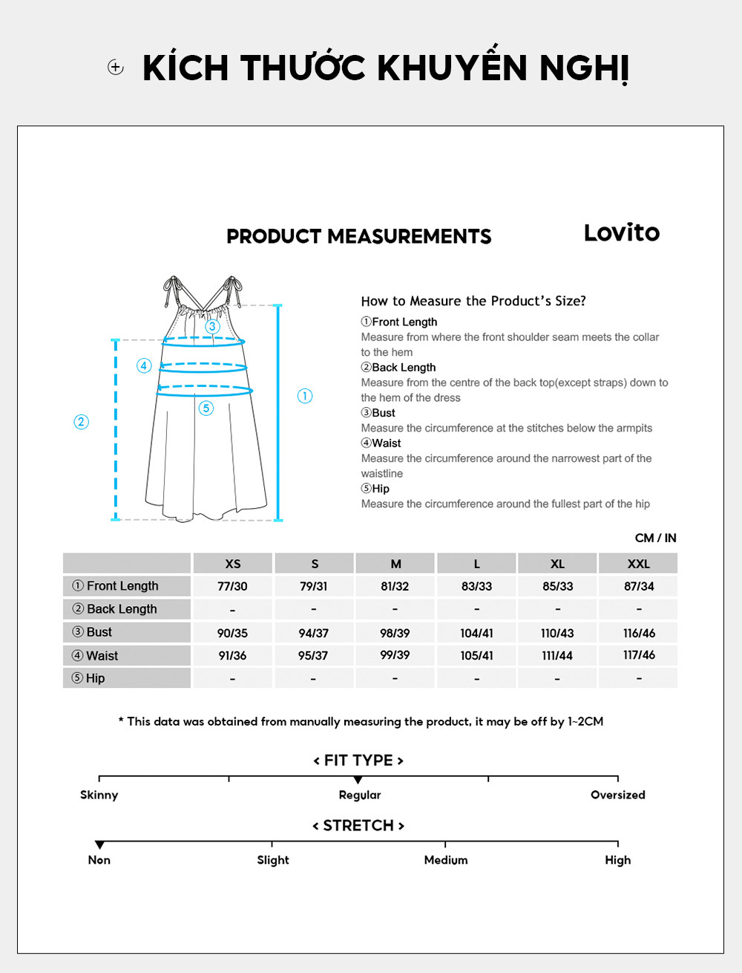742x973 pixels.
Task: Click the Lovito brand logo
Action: tap(621, 232)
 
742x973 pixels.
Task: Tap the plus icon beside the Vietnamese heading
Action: tap(116, 68)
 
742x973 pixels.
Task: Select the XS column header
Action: tap(233, 564)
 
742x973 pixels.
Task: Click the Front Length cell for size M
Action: tap(395, 586)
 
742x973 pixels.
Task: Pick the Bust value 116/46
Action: tap(639, 633)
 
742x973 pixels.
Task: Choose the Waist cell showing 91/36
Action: tap(232, 656)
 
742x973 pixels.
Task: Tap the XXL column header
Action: tap(638, 564)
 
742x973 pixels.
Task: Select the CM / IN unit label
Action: tap(655, 538)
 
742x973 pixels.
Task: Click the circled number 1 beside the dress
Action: tap(305, 396)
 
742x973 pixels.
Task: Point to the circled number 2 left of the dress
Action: tap(82, 422)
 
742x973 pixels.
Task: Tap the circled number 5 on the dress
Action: tap(206, 408)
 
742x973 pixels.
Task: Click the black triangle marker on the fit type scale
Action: tap(358, 780)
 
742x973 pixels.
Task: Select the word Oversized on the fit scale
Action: tap(617, 795)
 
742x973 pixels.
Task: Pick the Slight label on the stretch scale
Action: tap(273, 860)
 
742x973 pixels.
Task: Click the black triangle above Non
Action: tap(99, 845)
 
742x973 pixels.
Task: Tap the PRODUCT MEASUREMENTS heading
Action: tap(358, 236)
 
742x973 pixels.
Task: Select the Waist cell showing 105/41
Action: tap(476, 656)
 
